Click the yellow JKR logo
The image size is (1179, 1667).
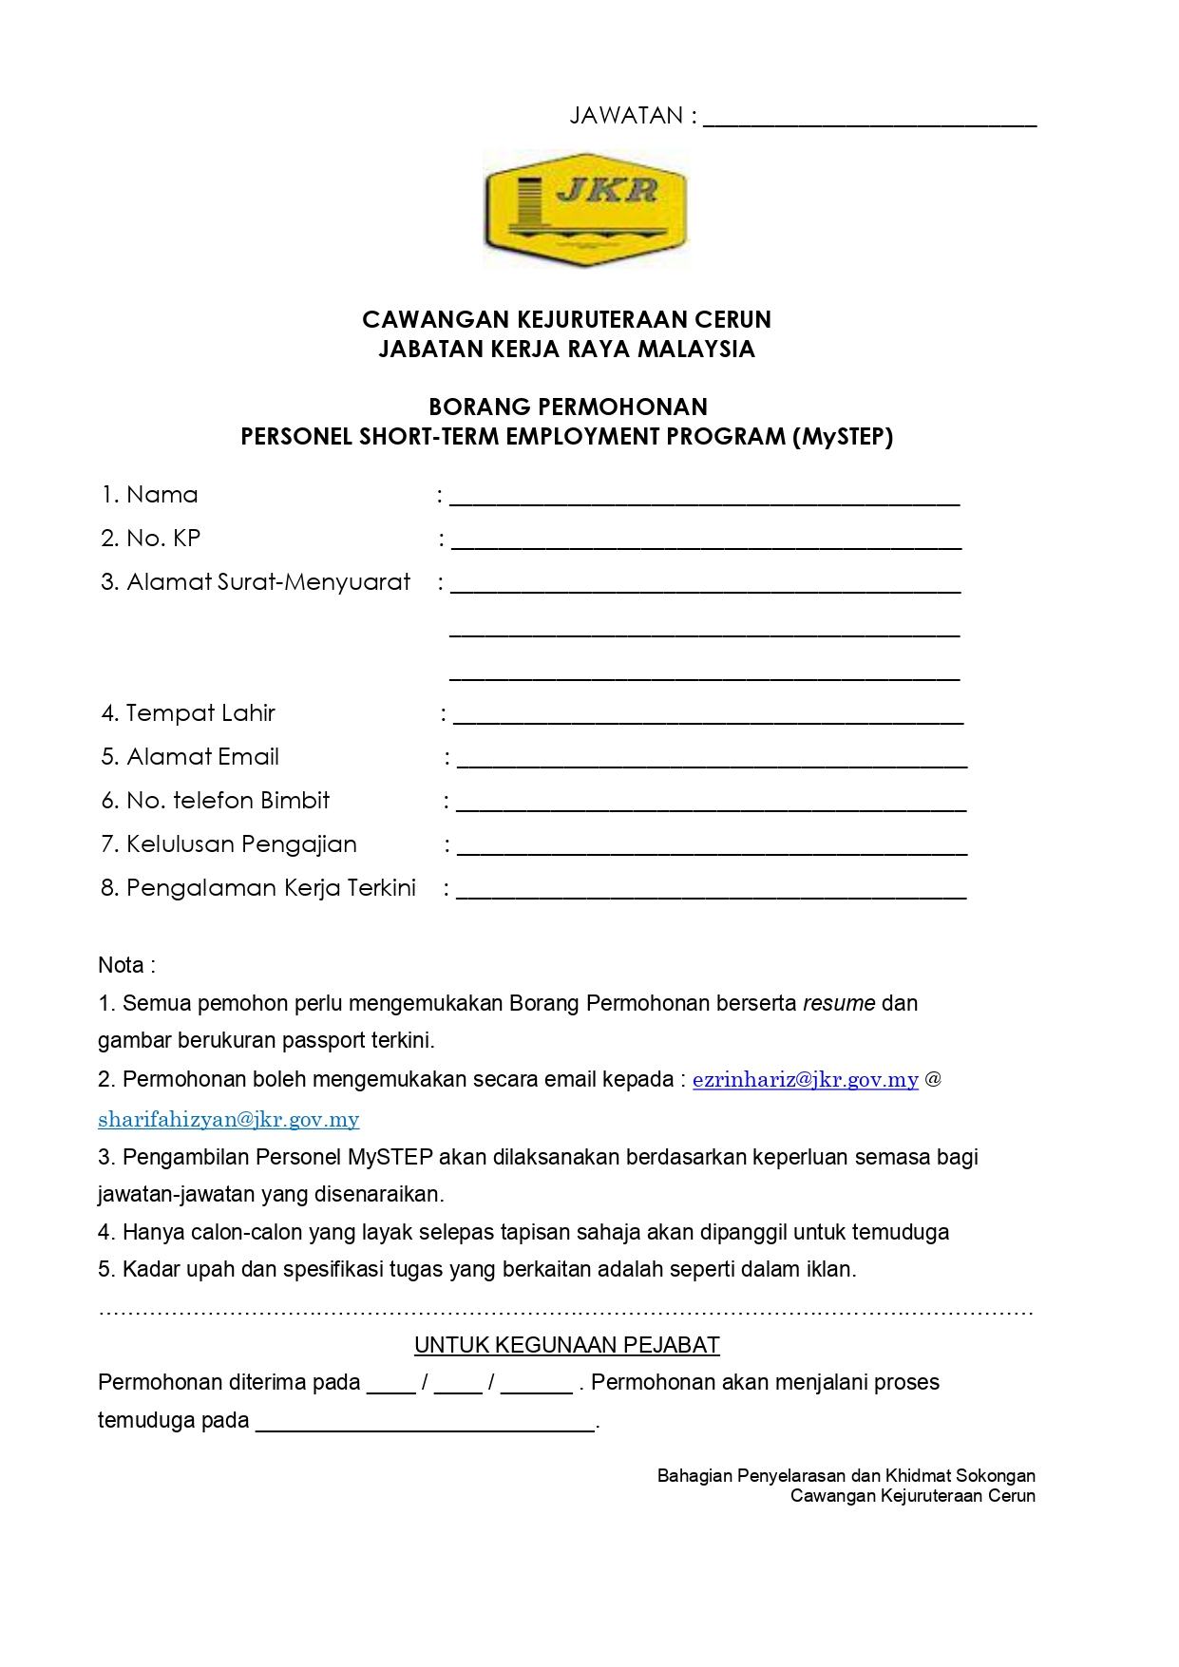584,210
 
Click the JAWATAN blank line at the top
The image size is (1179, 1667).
869,122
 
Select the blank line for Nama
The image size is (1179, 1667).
704,500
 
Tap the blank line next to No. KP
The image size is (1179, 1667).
706,543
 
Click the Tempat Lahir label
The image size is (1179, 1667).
200,713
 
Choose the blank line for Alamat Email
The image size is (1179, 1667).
712,761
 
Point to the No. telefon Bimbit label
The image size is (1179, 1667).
228,801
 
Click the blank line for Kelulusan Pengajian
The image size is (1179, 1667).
712,849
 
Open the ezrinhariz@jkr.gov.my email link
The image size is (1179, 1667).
806,1080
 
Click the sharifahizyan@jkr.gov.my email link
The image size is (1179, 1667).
229,1120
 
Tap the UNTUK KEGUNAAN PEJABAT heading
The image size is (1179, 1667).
567,1345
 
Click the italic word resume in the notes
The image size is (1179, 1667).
839,1004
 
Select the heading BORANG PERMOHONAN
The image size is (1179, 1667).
568,407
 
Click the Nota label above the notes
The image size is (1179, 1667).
126,966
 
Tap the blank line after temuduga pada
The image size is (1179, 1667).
426,1425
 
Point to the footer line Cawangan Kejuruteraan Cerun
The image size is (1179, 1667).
913,1496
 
